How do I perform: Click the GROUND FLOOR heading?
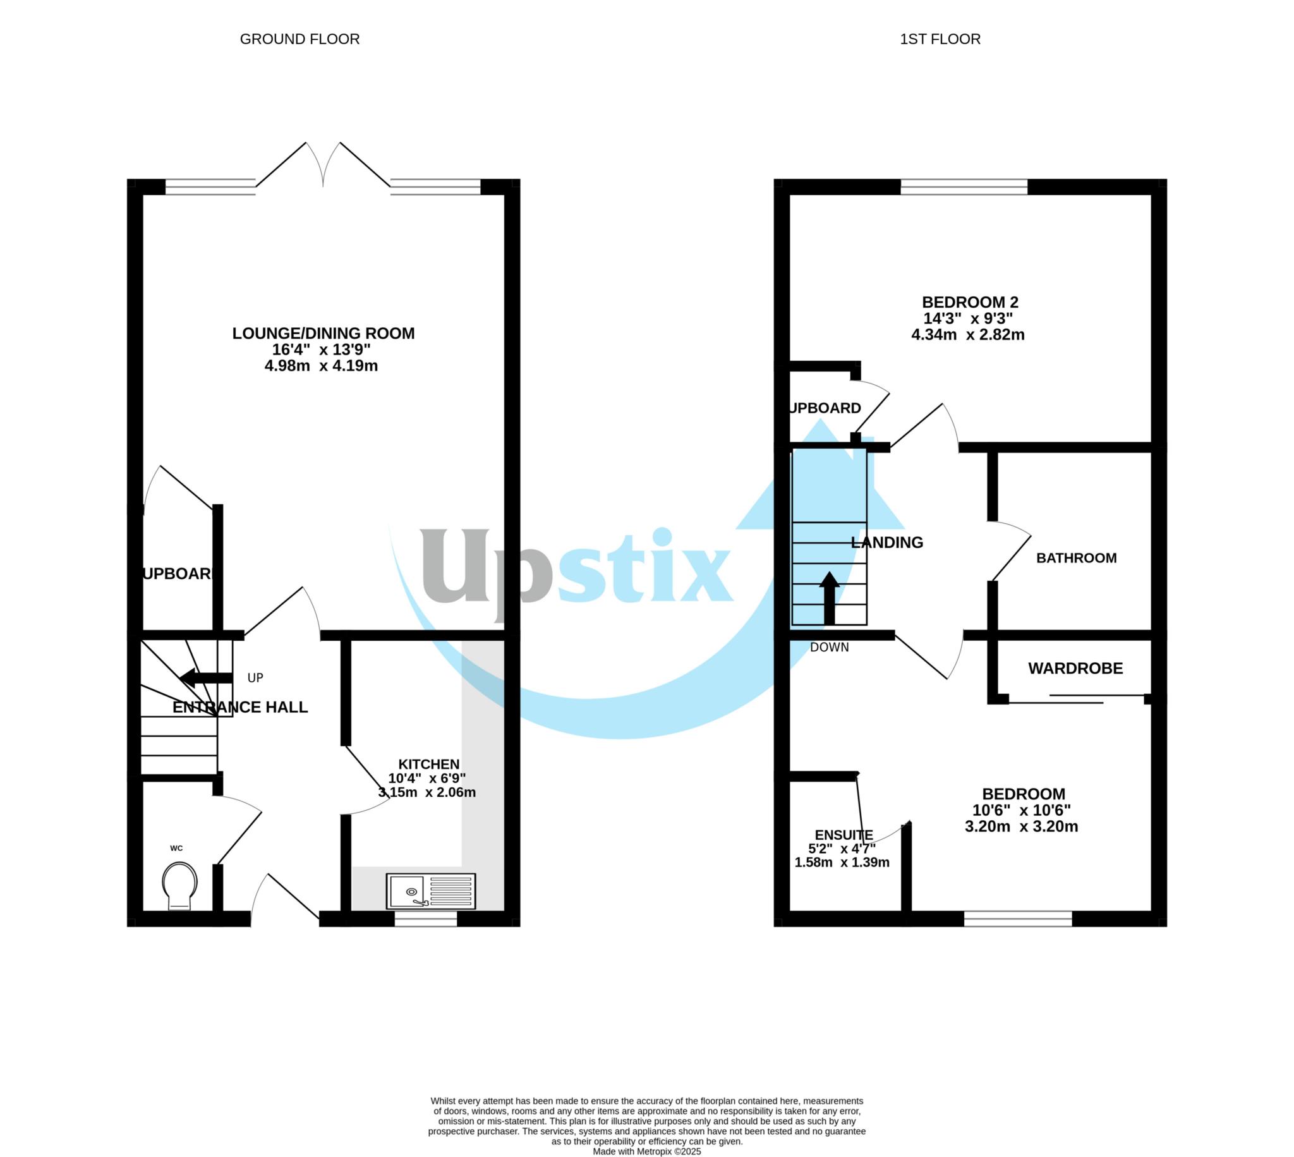tap(299, 39)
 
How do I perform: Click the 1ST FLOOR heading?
tap(940, 39)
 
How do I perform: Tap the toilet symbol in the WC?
tap(179, 885)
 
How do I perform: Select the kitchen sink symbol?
tap(430, 890)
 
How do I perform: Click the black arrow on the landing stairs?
tap(829, 598)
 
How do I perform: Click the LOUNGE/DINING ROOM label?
tap(323, 333)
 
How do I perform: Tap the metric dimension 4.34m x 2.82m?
tap(967, 335)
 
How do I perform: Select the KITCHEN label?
tap(428, 764)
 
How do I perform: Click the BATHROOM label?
tap(1076, 558)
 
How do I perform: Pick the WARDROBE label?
tap(1075, 669)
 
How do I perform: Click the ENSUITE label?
tap(844, 835)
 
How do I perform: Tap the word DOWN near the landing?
tap(829, 648)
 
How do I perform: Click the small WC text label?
tap(176, 848)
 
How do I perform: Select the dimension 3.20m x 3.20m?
tap(1020, 827)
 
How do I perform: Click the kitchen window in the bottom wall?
tap(425, 919)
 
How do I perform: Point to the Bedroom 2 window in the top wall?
tap(964, 187)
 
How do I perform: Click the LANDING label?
tap(886, 542)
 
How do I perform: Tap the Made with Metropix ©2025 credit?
tap(646, 1151)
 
